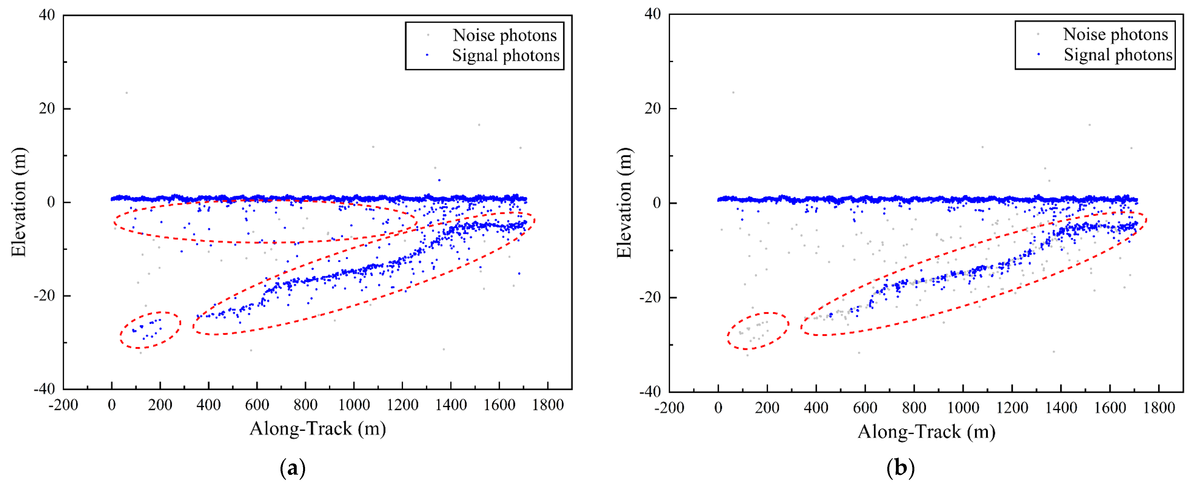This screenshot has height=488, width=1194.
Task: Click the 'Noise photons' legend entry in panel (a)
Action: pyautogui.click(x=504, y=35)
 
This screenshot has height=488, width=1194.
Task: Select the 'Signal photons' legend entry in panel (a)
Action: pyautogui.click(x=505, y=56)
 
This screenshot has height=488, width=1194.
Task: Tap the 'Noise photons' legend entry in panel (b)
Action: pyautogui.click(x=1115, y=34)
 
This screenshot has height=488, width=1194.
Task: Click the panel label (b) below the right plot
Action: pyautogui.click(x=900, y=468)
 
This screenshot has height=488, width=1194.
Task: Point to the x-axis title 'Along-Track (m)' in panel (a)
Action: pyautogui.click(x=318, y=429)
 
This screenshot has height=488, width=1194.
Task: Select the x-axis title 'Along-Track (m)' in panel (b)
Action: pyautogui.click(x=926, y=431)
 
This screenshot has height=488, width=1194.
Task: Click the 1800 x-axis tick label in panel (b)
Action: pyautogui.click(x=1159, y=408)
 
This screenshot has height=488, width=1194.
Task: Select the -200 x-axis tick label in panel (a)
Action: pyautogui.click(x=64, y=405)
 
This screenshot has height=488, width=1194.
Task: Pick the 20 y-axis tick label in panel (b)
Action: pyautogui.click(x=652, y=109)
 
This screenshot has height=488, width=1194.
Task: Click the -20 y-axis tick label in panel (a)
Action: pyautogui.click(x=44, y=295)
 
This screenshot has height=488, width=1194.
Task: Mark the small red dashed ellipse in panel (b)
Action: pyautogui.click(x=757, y=331)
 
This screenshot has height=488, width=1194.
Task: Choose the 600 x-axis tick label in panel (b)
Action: pyautogui.click(x=865, y=408)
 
